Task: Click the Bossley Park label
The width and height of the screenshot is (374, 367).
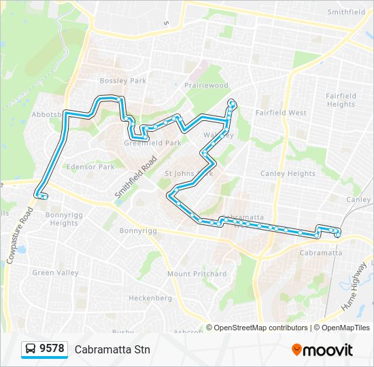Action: click(x=123, y=81)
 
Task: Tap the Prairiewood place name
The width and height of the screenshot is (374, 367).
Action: click(x=206, y=86)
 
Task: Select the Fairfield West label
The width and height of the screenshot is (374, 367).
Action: click(x=281, y=113)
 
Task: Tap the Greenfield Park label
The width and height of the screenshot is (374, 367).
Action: click(x=153, y=143)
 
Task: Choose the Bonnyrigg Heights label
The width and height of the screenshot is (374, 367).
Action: click(x=63, y=219)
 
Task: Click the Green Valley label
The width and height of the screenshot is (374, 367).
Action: click(x=56, y=273)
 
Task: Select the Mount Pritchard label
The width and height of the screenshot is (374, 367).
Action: click(x=197, y=274)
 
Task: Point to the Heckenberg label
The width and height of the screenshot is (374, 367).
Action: click(x=150, y=298)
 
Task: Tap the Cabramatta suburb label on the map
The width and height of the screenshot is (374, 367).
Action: click(x=320, y=253)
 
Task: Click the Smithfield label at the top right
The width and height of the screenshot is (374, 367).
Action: click(x=346, y=12)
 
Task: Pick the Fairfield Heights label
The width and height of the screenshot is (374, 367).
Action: click(x=341, y=100)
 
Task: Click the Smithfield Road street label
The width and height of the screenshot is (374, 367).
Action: click(x=135, y=177)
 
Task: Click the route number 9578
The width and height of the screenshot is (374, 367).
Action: click(x=52, y=349)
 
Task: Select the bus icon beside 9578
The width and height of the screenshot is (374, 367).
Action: click(x=31, y=349)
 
